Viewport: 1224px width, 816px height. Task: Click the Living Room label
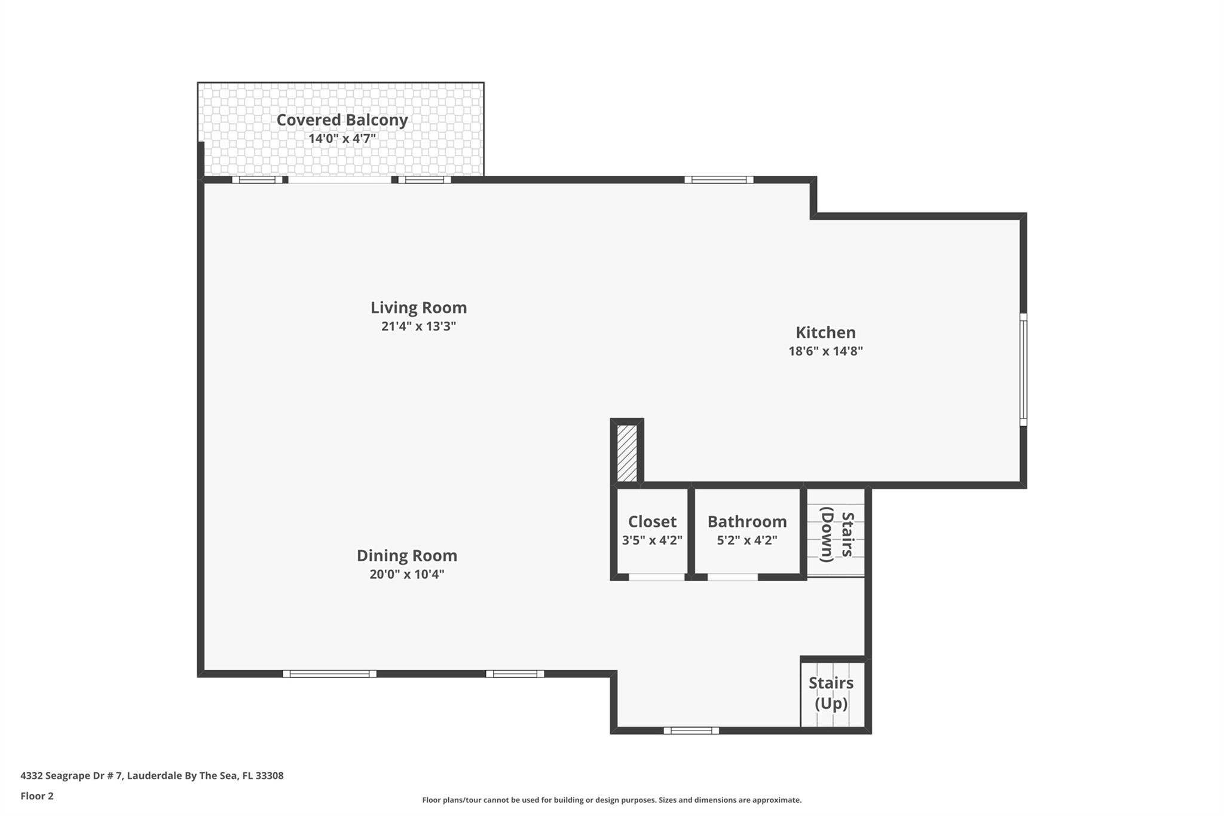point(418,308)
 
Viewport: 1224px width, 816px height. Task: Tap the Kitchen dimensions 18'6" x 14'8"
point(825,351)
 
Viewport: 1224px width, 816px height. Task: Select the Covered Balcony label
point(342,120)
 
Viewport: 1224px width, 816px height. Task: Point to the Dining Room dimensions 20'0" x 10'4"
point(406,574)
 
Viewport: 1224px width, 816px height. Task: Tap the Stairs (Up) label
point(831,693)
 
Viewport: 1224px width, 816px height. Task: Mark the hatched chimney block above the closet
point(626,453)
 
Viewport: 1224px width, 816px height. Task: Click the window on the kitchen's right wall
point(1023,369)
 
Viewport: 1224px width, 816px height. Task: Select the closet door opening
point(656,577)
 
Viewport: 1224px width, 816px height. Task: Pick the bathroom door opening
point(732,577)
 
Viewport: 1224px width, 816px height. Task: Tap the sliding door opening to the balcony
point(339,179)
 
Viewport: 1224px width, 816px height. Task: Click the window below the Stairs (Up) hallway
point(691,730)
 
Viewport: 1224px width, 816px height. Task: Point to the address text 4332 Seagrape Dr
point(152,776)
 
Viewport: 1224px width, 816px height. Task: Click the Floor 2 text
point(37,796)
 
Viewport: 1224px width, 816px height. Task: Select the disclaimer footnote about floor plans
point(611,800)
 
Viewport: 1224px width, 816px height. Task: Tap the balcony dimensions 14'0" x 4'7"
point(342,139)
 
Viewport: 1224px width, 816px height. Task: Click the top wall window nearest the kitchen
point(718,179)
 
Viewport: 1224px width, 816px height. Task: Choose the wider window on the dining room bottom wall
point(329,674)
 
